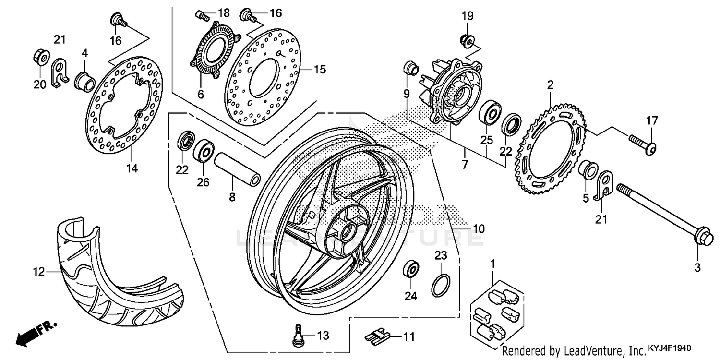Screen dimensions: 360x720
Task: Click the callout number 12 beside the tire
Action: pyautogui.click(x=38, y=272)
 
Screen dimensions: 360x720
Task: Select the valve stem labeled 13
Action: pyautogui.click(x=299, y=334)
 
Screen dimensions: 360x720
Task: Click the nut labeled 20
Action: pyautogui.click(x=40, y=59)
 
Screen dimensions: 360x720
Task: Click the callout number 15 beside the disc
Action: pyautogui.click(x=320, y=70)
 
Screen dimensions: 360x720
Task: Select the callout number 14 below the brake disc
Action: pyautogui.click(x=132, y=168)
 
